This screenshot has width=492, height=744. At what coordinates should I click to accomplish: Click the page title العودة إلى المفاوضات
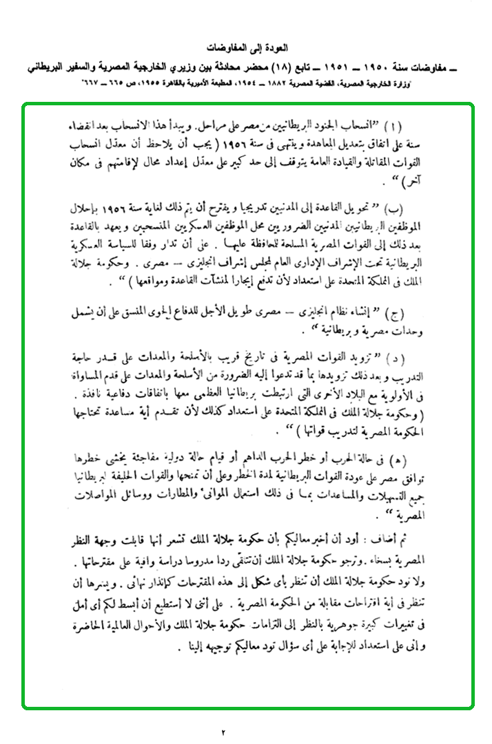[x=246, y=50]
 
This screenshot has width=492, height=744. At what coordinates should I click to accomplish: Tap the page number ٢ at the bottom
[x=224, y=731]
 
